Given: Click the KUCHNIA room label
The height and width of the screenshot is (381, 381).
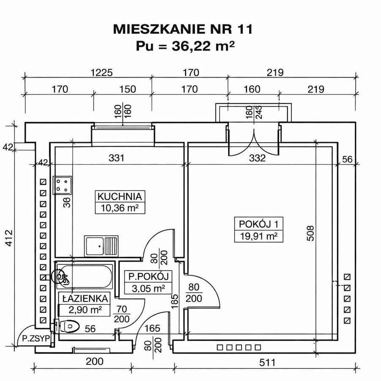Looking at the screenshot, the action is (x=120, y=196).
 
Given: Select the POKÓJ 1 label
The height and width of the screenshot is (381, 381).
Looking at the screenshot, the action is (x=259, y=224).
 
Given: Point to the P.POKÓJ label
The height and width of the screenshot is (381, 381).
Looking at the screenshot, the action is (x=148, y=276).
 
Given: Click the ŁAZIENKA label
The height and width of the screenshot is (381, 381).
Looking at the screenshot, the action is (x=85, y=298).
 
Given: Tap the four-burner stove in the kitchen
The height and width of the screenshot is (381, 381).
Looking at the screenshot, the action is (x=63, y=185).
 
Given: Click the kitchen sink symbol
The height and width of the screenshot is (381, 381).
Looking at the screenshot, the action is (x=101, y=246).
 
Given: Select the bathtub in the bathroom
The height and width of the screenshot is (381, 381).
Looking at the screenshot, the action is (x=84, y=277).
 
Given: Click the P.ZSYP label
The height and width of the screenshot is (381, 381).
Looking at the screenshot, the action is (x=36, y=338).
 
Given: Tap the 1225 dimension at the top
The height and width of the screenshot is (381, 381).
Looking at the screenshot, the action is (x=101, y=72).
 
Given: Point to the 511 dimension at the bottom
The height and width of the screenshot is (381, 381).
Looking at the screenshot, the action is (x=267, y=362).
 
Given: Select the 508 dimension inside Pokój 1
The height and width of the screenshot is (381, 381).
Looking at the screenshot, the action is (x=310, y=233).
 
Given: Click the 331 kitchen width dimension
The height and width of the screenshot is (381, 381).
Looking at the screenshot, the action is (x=117, y=158).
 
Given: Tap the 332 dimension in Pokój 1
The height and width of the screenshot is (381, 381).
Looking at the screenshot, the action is (x=257, y=158).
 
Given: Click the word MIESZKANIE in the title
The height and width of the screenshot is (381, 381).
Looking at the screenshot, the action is (x=159, y=29).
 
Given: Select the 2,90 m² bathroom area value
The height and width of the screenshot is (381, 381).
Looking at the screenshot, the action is (x=85, y=310).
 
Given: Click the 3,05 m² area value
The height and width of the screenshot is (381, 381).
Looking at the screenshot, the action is (x=148, y=288).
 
